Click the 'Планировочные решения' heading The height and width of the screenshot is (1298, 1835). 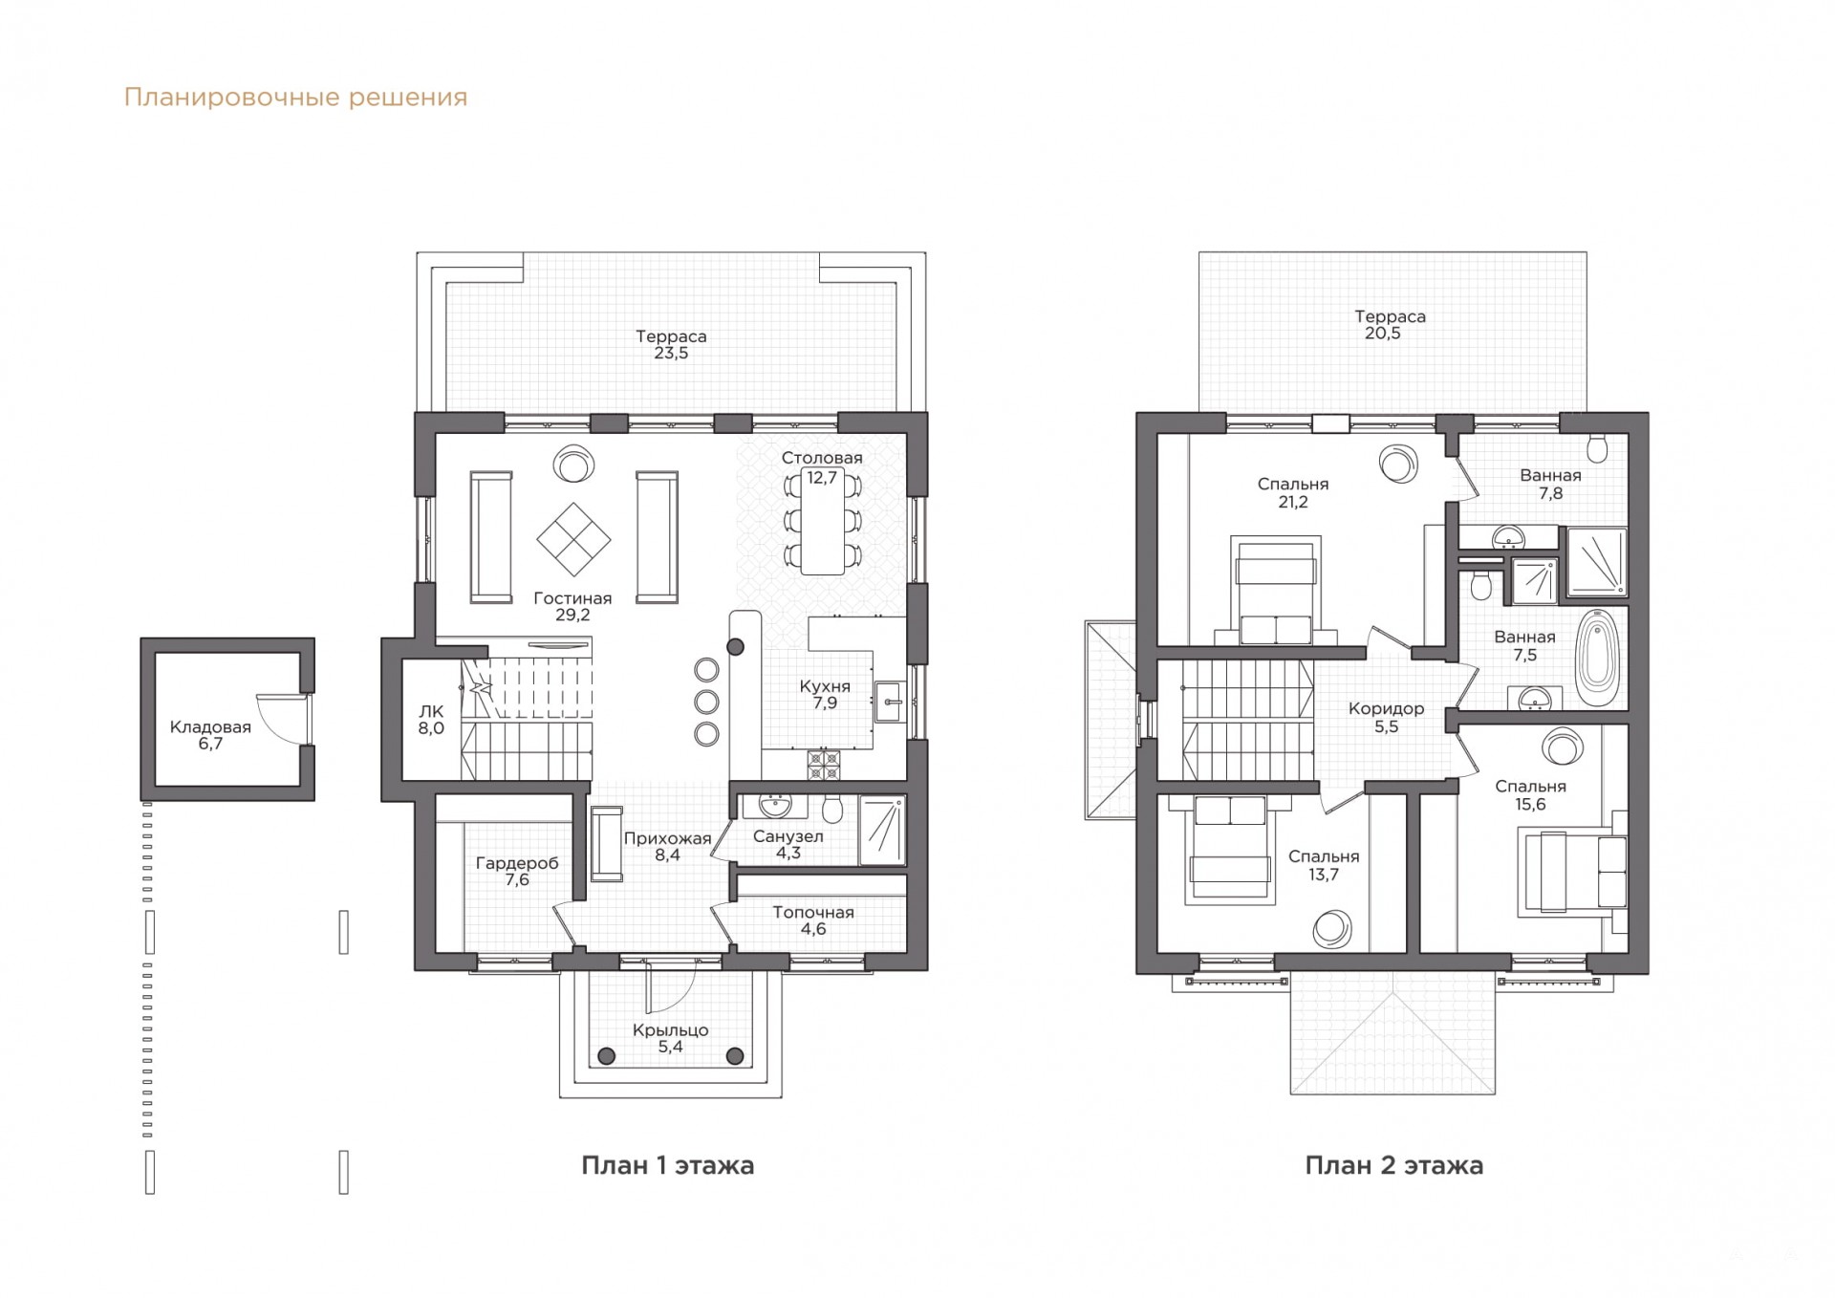pos(295,97)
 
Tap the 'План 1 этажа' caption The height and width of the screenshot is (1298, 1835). pos(667,1165)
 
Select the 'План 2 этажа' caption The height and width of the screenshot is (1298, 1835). pos(1393,1165)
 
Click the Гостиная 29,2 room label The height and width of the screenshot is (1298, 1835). pos(572,606)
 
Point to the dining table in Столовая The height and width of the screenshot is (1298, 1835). pos(822,521)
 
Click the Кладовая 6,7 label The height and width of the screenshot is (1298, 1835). pos(210,735)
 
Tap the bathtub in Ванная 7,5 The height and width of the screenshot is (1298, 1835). pos(1597,658)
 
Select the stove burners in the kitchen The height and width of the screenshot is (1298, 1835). pos(823,764)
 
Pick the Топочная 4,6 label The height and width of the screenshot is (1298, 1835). pos(813,920)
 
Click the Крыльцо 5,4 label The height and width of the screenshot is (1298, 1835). pos(670,1038)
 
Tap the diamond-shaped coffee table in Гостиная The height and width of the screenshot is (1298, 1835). pos(573,540)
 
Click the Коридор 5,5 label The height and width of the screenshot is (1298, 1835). pos(1386,717)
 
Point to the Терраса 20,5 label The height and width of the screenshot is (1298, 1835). pos(1389,324)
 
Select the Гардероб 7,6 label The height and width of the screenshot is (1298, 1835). pos(517,871)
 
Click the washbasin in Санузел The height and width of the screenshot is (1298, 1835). pos(775,805)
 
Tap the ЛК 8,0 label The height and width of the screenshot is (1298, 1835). pos(431,720)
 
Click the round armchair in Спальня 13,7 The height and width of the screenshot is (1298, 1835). pos(1331,928)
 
